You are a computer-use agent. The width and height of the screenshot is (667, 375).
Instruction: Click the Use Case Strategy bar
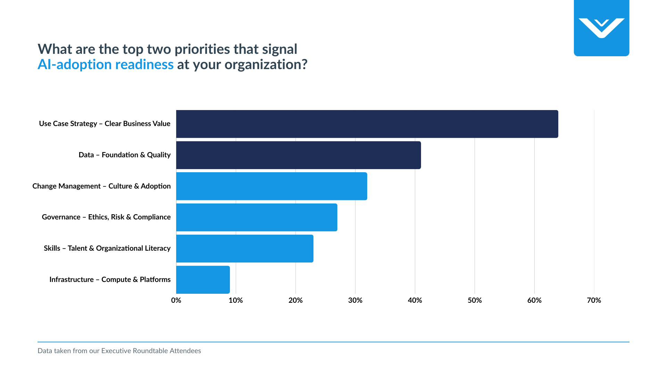[x=367, y=124]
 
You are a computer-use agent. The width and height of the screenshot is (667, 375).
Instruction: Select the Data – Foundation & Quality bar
[x=298, y=155]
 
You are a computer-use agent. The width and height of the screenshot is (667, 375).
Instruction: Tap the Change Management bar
[x=271, y=186]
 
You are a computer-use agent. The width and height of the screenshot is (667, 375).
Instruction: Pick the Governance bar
[x=256, y=217]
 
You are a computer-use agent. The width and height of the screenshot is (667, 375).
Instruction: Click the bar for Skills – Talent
[x=245, y=249]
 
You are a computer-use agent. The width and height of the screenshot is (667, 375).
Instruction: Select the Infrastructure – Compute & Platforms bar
[x=203, y=280]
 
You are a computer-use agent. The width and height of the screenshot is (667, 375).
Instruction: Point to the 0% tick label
[x=176, y=300]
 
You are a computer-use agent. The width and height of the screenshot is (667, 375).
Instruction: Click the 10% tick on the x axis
[x=236, y=300]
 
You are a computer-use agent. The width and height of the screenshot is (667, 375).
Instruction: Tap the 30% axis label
[x=355, y=300]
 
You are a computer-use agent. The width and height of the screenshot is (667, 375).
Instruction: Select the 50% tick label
[x=475, y=300]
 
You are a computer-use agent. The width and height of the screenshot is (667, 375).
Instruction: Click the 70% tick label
[x=594, y=300]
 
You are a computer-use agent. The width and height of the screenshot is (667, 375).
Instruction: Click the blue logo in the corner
[x=601, y=28]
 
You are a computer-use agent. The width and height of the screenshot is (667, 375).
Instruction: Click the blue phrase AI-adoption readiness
[x=106, y=65]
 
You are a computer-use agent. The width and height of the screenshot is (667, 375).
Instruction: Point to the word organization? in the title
[x=266, y=65]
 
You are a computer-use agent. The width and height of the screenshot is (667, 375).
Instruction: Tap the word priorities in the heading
[x=202, y=49]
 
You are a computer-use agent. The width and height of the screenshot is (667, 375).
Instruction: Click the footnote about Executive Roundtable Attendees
[x=119, y=351]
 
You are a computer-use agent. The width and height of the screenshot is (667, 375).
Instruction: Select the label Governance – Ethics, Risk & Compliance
[x=106, y=217]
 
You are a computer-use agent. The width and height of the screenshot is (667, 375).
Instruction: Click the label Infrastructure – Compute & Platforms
[x=110, y=280]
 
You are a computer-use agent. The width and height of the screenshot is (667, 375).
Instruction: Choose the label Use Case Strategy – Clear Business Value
[x=105, y=124]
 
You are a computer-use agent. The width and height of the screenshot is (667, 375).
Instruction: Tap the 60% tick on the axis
[x=534, y=300]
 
